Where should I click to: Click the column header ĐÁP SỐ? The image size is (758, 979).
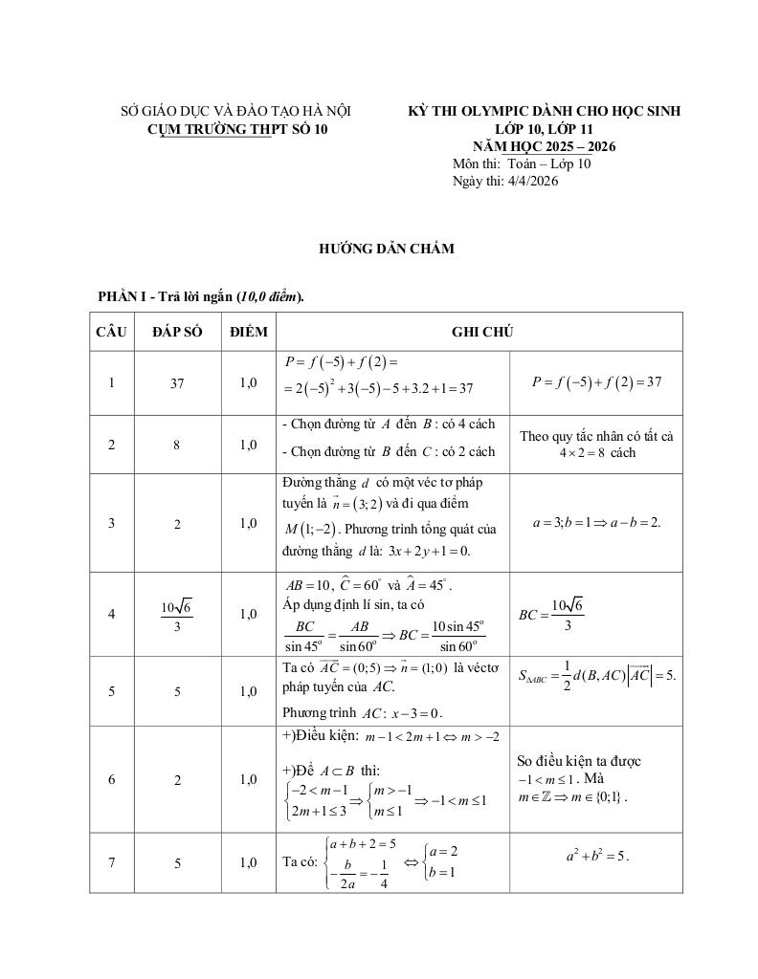pyautogui.click(x=177, y=332)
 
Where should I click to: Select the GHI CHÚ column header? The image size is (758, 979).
pyautogui.click(x=482, y=332)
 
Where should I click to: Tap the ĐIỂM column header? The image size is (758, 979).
pyautogui.click(x=249, y=332)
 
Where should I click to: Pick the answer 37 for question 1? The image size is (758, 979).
pyautogui.click(x=177, y=383)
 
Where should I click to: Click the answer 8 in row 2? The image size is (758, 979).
pyautogui.click(x=177, y=445)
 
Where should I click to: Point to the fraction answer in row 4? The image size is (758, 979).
pyautogui.click(x=177, y=614)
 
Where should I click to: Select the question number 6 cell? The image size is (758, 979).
pyautogui.click(x=111, y=779)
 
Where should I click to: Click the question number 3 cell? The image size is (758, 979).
pyautogui.click(x=111, y=523)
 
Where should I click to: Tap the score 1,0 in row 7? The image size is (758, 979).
pyautogui.click(x=249, y=862)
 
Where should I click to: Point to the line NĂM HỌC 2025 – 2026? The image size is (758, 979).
pyautogui.click(x=544, y=146)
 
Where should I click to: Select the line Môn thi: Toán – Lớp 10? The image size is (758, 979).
pyautogui.click(x=522, y=163)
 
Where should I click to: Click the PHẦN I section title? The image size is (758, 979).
pyautogui.click(x=200, y=297)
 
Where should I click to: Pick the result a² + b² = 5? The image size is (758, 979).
pyautogui.click(x=595, y=856)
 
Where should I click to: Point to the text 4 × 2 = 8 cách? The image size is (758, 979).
pyautogui.click(x=597, y=452)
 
